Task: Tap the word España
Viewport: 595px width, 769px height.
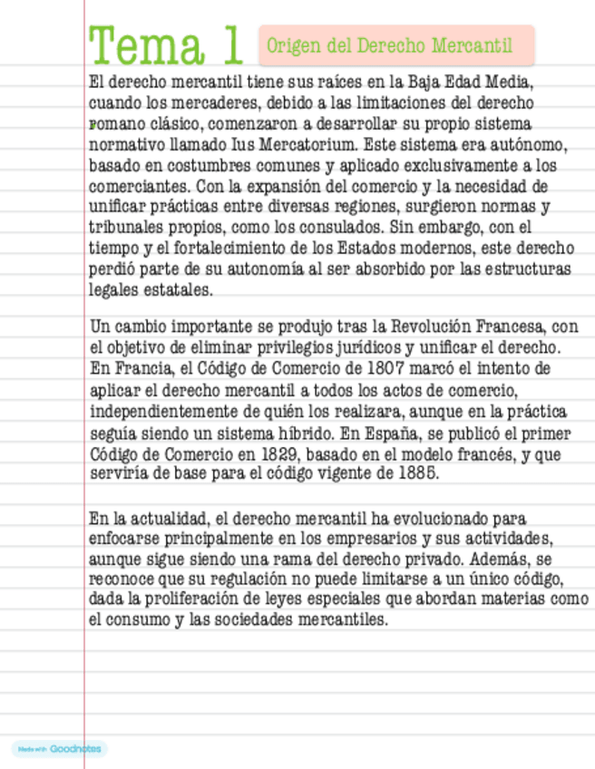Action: click(410, 432)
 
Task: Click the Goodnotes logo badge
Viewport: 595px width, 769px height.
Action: click(59, 749)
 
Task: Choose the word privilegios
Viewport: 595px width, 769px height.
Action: click(313, 348)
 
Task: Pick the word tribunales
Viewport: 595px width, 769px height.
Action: click(125, 227)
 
